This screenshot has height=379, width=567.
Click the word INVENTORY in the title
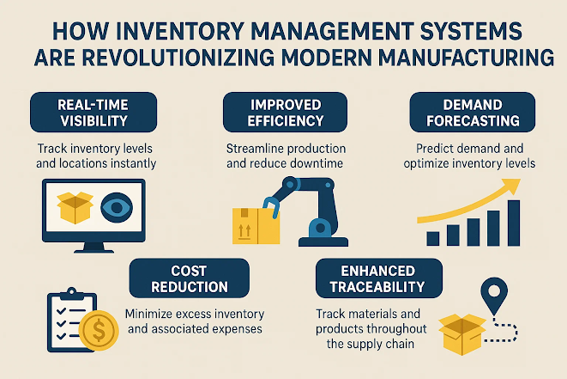click(x=179, y=31)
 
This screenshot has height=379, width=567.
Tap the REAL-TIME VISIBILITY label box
click(x=93, y=113)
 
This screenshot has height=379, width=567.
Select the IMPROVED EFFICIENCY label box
click(x=286, y=113)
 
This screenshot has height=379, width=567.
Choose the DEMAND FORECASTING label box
click(x=473, y=113)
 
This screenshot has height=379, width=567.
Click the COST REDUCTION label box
click(x=189, y=278)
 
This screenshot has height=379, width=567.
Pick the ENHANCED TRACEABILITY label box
click(x=378, y=278)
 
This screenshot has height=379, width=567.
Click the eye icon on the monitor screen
click(x=117, y=208)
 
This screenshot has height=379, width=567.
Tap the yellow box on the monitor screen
click(x=75, y=208)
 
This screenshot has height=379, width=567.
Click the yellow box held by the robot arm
click(x=256, y=226)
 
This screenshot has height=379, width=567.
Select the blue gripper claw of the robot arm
click(x=271, y=207)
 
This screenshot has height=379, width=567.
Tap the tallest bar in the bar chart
click(x=514, y=223)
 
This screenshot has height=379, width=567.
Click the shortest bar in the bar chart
click(x=433, y=239)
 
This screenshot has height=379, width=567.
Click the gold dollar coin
click(x=99, y=330)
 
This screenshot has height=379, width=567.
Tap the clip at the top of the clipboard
click(x=71, y=294)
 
